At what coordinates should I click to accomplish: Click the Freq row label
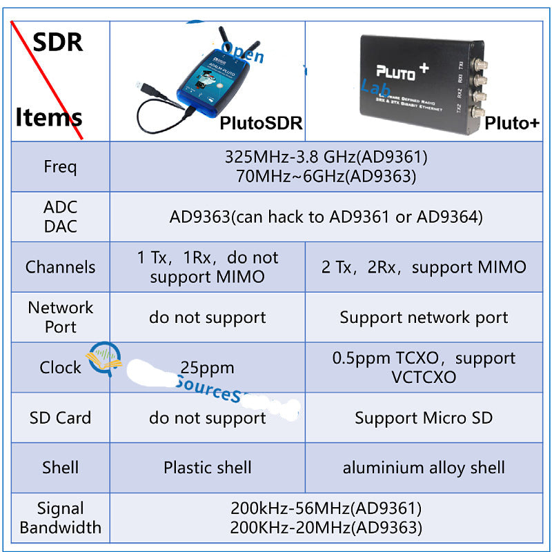tap(61, 167)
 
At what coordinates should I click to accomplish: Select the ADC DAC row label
tap(61, 217)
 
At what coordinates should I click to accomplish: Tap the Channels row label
tap(61, 267)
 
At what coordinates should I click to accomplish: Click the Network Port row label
tap(61, 317)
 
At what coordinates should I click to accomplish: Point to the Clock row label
tap(61, 367)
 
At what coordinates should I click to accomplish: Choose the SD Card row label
tap(61, 417)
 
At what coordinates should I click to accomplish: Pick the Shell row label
tap(61, 467)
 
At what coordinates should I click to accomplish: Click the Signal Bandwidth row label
tap(61, 518)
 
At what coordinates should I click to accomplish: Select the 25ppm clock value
tap(207, 367)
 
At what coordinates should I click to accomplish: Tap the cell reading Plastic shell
tap(207, 467)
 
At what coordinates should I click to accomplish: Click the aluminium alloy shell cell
tap(424, 467)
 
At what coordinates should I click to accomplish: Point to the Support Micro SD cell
tap(424, 417)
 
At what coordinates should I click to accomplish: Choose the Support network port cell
tap(424, 317)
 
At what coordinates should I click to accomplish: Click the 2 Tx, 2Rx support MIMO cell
tap(424, 267)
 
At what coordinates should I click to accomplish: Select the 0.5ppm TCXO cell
tap(424, 367)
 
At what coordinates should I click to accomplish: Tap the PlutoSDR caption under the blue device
tap(261, 124)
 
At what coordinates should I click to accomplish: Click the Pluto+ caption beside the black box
tap(511, 124)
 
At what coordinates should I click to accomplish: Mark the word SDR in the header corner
tap(58, 42)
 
